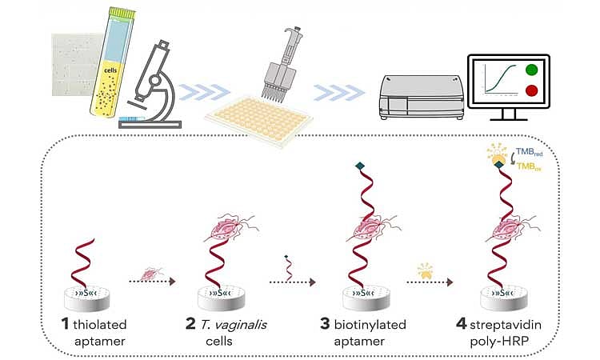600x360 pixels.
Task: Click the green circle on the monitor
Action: [x=532, y=70]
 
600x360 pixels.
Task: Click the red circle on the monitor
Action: [x=532, y=91]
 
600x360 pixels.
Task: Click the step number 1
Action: [x=66, y=324]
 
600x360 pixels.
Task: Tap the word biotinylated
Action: [x=374, y=324]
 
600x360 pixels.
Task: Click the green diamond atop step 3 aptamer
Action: [x=359, y=166]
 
